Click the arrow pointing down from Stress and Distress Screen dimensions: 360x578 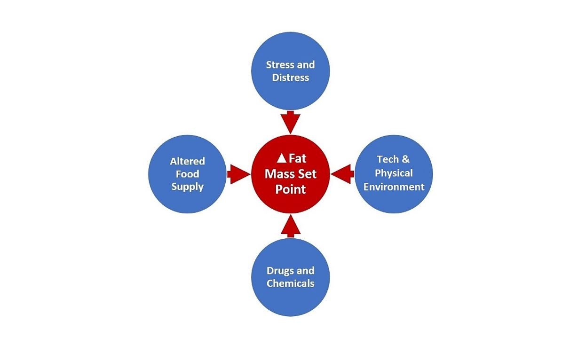pos(291,122)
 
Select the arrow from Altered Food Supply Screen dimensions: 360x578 pos(239,174)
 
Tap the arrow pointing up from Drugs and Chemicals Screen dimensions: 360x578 pos(291,226)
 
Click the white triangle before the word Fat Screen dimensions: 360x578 pos(282,158)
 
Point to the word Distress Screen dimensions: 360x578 pos(291,78)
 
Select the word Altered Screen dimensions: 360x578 pos(187,161)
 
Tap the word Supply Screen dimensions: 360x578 pos(187,187)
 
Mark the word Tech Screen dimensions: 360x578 pos(388,159)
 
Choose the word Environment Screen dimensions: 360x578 pos(394,187)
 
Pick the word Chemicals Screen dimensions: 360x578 pos(291,283)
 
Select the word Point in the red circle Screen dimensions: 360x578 pos(291,189)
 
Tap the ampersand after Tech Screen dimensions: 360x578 pos(406,159)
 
